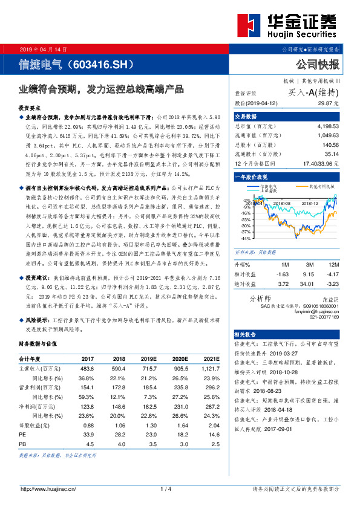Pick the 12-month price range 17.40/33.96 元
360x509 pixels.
320,164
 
